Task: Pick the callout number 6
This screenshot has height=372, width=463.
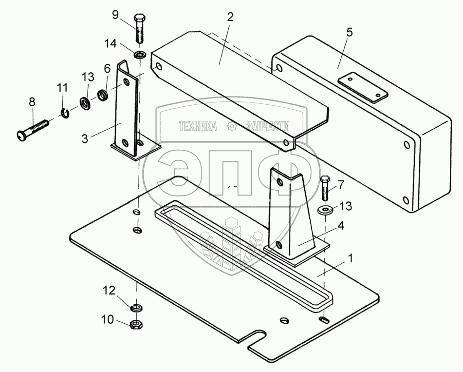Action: (107, 70)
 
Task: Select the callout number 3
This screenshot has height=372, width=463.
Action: (85, 139)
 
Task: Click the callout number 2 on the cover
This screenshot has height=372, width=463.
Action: (230, 17)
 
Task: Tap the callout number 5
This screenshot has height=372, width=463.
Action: (350, 33)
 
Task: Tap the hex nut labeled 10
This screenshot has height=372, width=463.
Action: (136, 324)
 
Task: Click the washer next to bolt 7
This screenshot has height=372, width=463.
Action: (326, 210)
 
